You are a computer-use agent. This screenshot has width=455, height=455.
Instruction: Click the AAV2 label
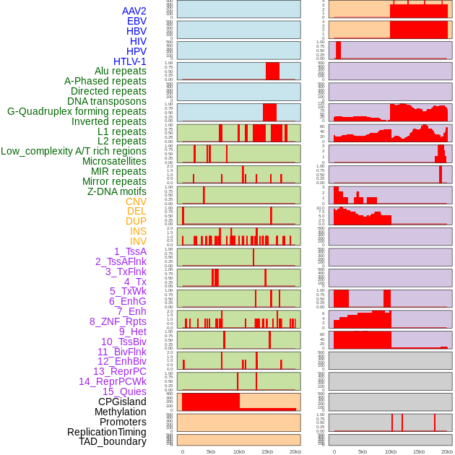click(x=134, y=11)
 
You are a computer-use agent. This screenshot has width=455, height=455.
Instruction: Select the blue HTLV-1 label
click(x=129, y=61)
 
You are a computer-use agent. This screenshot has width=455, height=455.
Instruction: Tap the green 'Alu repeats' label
click(x=120, y=71)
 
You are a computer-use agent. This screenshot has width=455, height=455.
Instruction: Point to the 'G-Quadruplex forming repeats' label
click(x=77, y=111)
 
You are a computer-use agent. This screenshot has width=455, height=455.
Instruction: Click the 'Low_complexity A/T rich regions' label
click(x=74, y=151)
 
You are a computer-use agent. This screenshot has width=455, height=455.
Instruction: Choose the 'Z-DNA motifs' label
click(x=117, y=191)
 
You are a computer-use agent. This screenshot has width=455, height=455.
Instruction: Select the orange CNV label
click(x=136, y=201)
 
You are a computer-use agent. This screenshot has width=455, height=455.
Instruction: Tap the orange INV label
click(x=137, y=241)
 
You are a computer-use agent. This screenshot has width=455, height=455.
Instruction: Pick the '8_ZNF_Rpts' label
click(x=118, y=321)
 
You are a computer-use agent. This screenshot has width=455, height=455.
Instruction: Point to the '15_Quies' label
click(x=124, y=391)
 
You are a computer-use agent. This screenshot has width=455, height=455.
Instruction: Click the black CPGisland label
click(x=122, y=402)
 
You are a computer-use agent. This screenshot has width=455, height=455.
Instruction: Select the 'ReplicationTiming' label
click(x=106, y=432)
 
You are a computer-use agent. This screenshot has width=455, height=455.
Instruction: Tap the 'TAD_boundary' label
click(x=113, y=441)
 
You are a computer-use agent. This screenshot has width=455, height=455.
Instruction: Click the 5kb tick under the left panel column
click(x=211, y=451)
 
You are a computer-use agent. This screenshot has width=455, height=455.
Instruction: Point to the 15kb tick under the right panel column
click(x=418, y=451)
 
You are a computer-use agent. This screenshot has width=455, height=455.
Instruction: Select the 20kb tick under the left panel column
click(x=295, y=451)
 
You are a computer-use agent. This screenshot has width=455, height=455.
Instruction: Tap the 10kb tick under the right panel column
click(x=390, y=451)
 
